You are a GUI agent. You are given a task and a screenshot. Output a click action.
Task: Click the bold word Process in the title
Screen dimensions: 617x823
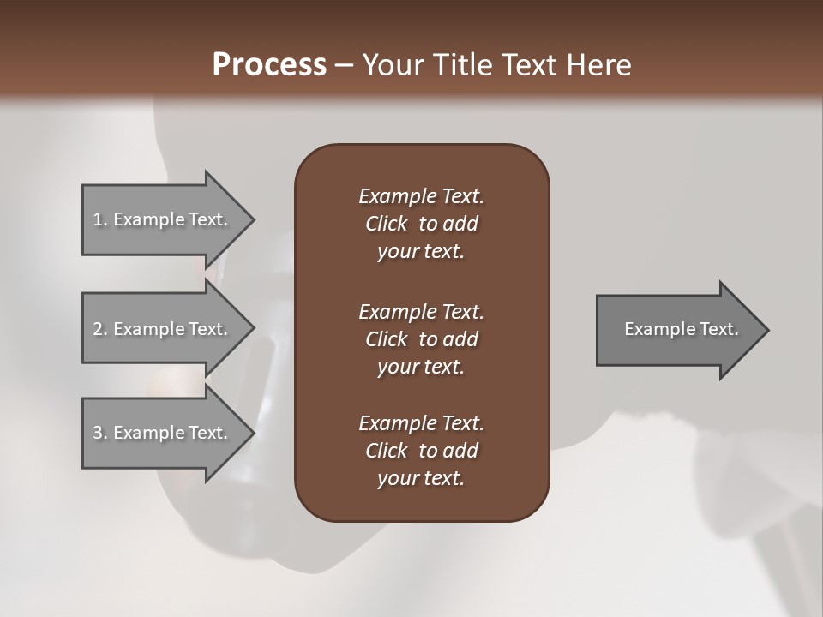pos(269,65)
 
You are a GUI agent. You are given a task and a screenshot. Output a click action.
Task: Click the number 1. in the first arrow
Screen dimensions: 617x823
pos(100,219)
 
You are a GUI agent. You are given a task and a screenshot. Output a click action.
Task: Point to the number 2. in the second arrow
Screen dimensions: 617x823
pos(100,329)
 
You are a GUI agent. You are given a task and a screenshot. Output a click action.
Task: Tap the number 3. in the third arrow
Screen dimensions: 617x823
pos(100,433)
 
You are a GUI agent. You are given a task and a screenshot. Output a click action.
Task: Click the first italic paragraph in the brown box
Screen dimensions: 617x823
pos(421,224)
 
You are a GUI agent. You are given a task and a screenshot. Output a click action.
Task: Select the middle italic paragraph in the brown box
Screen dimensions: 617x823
pos(421,338)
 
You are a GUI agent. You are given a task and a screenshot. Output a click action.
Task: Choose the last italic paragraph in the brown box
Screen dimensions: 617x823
pos(421,451)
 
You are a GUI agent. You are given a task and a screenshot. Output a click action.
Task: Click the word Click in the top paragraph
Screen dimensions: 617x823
pos(387,224)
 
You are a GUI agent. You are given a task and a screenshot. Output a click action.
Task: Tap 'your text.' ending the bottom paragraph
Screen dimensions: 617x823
pos(421,478)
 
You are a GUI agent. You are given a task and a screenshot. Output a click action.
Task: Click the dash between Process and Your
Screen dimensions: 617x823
pos(344,65)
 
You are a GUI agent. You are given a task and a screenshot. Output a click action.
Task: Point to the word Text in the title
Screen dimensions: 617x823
pos(530,65)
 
